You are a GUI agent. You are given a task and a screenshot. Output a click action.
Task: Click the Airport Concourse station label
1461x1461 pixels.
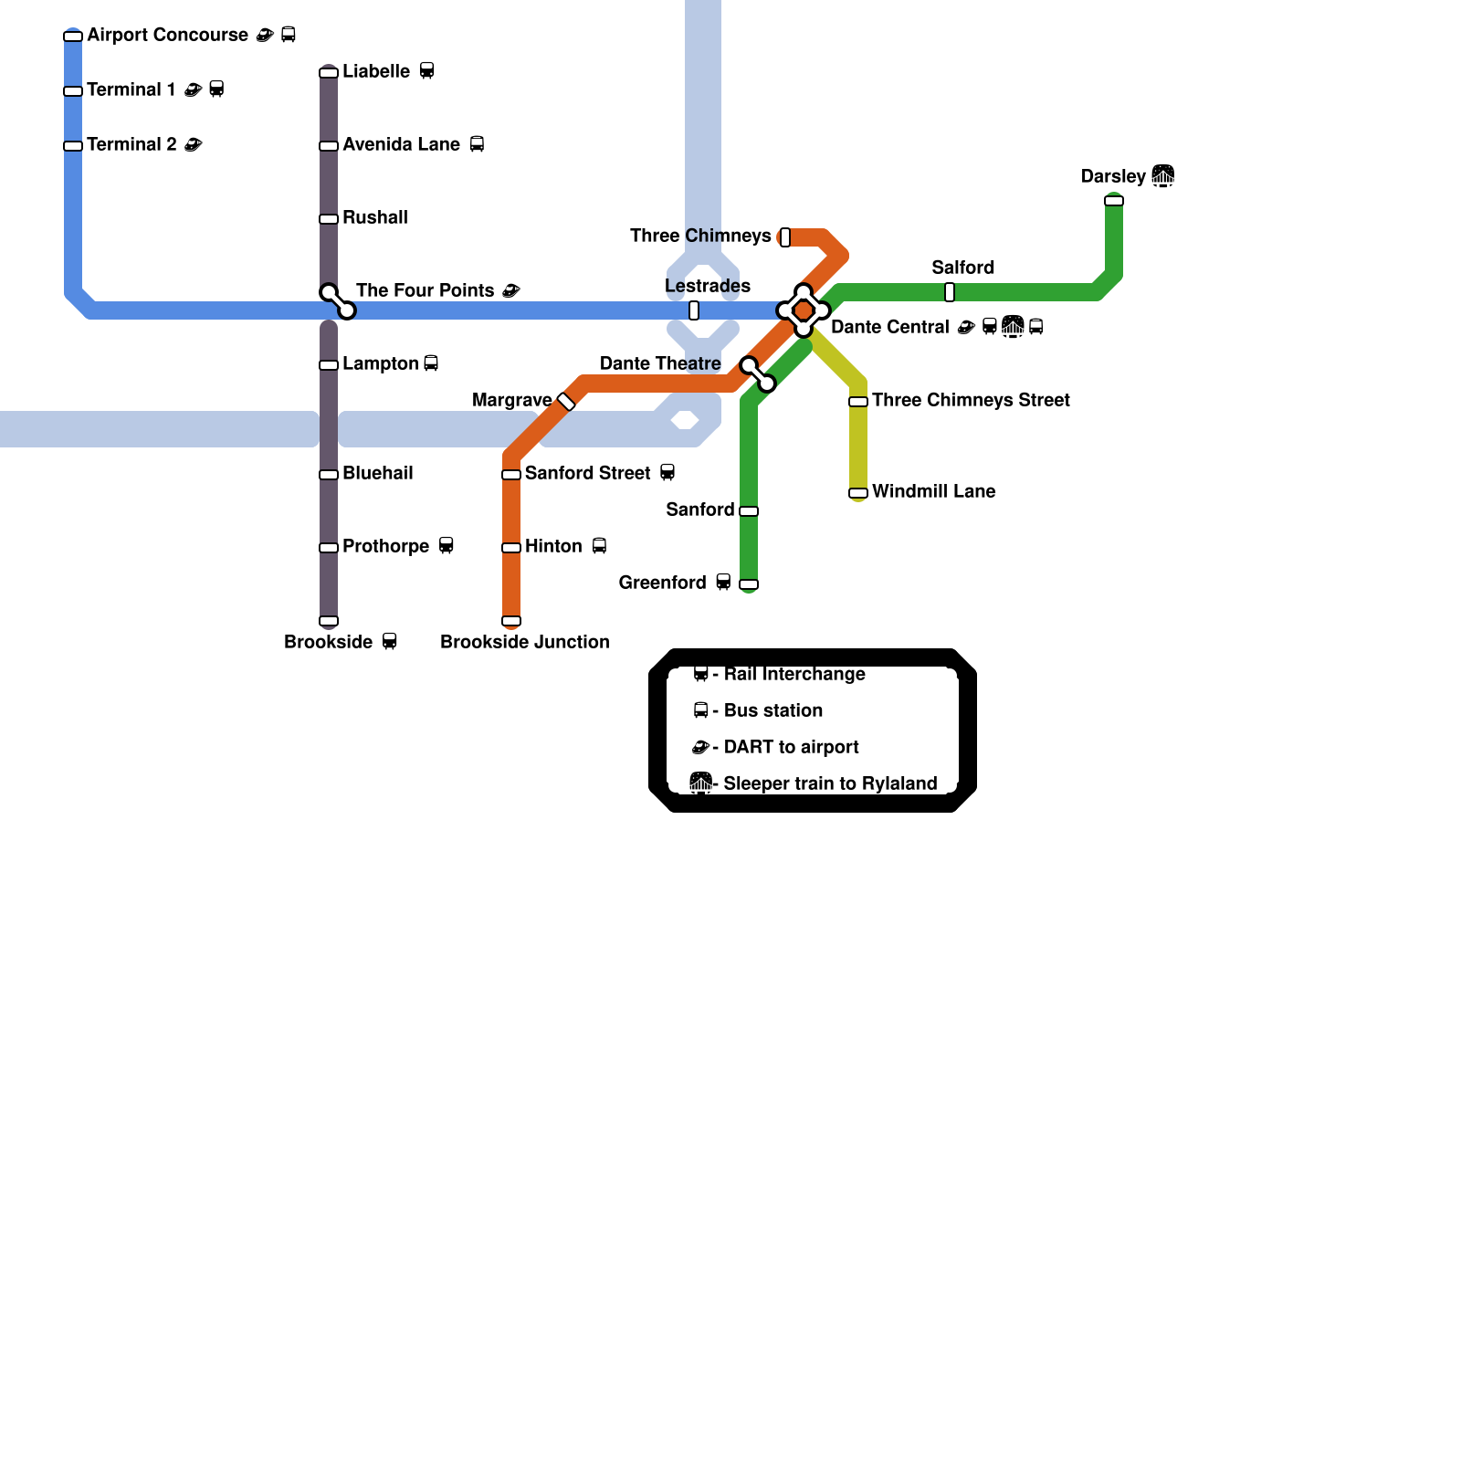point(167,36)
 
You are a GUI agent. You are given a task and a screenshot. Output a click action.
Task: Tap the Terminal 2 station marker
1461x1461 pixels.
point(73,146)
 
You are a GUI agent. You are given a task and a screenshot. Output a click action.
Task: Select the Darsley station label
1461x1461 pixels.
point(1113,176)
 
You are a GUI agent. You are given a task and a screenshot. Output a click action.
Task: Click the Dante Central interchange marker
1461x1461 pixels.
point(804,310)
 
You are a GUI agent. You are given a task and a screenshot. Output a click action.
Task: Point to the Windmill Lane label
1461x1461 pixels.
point(933,491)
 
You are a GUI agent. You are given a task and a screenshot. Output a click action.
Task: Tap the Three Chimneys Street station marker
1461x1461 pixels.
point(858,402)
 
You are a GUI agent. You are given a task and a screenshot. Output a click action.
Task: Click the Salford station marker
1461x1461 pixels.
point(950,292)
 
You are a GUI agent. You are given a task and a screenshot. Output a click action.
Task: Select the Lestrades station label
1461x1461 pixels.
point(708,286)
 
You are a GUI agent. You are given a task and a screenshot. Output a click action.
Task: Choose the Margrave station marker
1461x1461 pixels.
point(566,402)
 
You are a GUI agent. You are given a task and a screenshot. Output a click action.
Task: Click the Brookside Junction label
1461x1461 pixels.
point(524,642)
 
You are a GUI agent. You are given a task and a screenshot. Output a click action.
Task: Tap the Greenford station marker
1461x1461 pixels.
point(749,584)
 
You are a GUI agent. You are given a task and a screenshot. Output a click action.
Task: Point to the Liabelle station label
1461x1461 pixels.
point(376,71)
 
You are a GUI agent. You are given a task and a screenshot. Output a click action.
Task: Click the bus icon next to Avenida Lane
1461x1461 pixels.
point(477,144)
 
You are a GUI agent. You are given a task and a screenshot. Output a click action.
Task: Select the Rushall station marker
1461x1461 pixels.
point(329,219)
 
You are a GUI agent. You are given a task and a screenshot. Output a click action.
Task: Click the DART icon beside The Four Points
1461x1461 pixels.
point(511,290)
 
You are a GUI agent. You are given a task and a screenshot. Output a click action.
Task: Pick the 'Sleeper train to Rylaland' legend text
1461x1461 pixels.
point(830,783)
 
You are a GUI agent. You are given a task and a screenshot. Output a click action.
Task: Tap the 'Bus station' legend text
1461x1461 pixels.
point(773,710)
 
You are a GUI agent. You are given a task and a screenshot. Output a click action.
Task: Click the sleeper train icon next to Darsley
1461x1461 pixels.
point(1162,175)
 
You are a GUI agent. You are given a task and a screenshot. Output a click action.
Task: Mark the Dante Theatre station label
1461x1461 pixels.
point(660,363)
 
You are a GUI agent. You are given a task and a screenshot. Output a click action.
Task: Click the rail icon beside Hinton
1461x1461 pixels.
point(599,546)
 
